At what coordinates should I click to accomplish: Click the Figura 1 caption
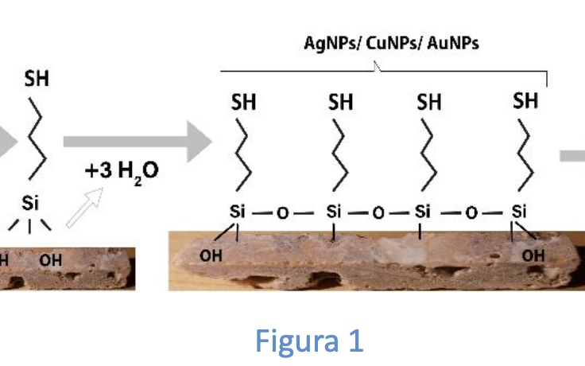tap(310, 340)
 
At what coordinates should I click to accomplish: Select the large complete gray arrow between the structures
tap(136, 142)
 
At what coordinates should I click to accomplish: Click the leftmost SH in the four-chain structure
tap(243, 103)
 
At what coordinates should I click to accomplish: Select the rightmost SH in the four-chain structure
tap(525, 101)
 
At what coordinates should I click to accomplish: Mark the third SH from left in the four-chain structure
tap(430, 103)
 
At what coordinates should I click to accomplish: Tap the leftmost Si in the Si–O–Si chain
tap(237, 212)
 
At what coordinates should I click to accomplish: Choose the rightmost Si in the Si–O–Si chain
tap(519, 212)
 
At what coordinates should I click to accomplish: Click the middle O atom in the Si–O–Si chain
tap(378, 212)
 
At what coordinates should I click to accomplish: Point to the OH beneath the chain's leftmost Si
tap(211, 255)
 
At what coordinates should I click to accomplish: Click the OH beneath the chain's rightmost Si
tap(534, 255)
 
